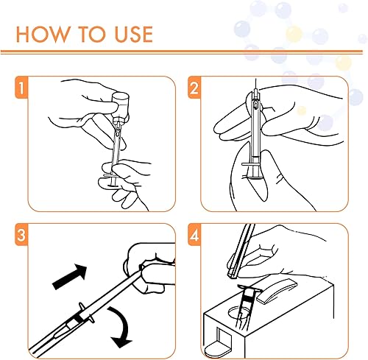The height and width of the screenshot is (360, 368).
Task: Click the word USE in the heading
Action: pyautogui.click(x=134, y=34)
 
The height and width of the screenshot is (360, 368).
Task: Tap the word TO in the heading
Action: pyautogui.click(x=92, y=34)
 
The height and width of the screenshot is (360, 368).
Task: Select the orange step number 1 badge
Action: pyautogui.click(x=21, y=88)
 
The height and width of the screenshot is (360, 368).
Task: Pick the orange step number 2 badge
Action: pyautogui.click(x=194, y=88)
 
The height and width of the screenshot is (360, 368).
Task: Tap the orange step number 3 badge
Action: pyautogui.click(x=21, y=235)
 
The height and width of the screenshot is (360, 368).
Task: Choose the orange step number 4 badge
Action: pyautogui.click(x=194, y=235)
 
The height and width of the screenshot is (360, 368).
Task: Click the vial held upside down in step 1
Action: pyautogui.click(x=120, y=105)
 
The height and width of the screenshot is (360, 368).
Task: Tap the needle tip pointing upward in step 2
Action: pyautogui.click(x=255, y=80)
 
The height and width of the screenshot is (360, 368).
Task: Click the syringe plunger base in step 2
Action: pyautogui.click(x=256, y=178)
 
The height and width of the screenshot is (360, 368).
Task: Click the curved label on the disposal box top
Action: pyautogui.click(x=277, y=291)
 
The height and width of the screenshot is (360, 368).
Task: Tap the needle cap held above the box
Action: pyautogui.click(x=241, y=251)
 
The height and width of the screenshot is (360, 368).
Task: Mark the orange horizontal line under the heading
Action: pyautogui.click(x=182, y=52)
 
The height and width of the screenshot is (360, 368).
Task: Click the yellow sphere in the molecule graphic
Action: pyautogui.click(x=294, y=34)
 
